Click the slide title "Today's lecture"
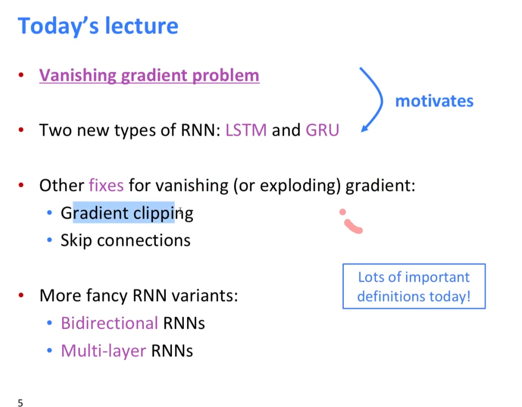point(98,26)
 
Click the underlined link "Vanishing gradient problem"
point(149,76)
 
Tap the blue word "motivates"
point(434,101)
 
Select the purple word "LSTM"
point(246,130)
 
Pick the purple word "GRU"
point(322,130)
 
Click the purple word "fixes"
point(106,185)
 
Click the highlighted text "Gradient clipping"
point(127,213)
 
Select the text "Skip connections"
point(125,240)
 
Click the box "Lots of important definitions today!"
point(414,286)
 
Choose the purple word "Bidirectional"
point(109,323)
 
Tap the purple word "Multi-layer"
point(103,351)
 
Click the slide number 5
point(20,403)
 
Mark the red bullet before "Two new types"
point(21,130)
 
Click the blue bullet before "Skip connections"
point(49,240)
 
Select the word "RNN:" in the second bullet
point(200,130)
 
